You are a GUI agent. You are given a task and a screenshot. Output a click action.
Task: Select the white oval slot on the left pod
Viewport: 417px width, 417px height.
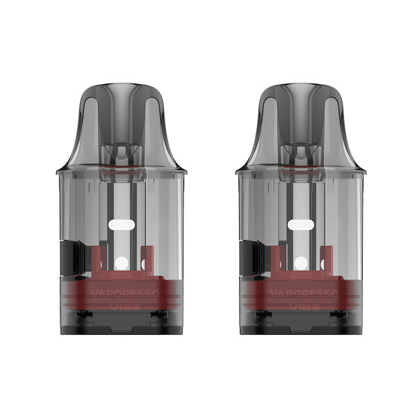tap(121, 224)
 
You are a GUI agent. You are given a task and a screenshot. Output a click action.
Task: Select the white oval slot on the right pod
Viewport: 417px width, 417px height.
tap(301, 224)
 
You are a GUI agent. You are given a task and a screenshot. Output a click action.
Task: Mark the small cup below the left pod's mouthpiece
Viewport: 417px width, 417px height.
tap(119, 154)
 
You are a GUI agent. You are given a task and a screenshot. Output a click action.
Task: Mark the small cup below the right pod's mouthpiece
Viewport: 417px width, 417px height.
tap(300, 154)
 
